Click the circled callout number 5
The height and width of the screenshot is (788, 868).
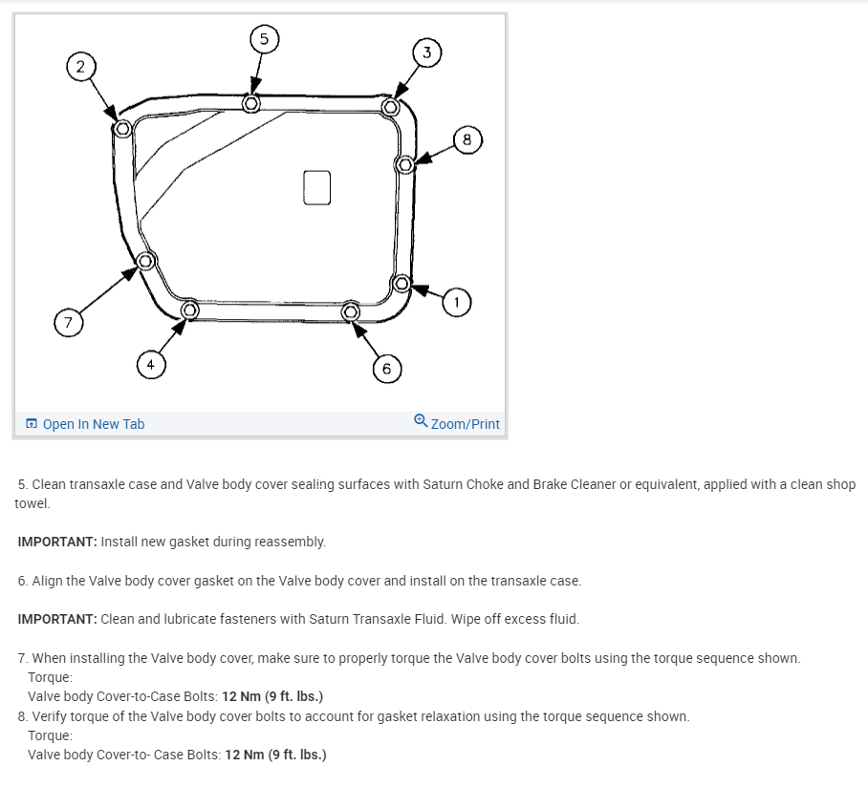tap(265, 39)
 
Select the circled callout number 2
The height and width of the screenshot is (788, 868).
tap(80, 66)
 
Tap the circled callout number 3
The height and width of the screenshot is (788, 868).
tap(427, 52)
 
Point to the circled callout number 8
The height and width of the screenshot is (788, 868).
tap(467, 140)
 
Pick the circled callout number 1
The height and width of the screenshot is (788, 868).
tap(456, 303)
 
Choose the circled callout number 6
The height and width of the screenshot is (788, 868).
tap(386, 369)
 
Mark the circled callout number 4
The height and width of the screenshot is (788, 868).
tap(149, 364)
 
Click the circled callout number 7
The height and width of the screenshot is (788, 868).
tap(67, 324)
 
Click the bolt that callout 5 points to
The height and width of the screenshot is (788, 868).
tap(251, 102)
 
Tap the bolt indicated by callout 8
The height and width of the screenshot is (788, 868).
tap(405, 164)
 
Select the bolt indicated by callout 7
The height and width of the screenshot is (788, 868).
tap(145, 261)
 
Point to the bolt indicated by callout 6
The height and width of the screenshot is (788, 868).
tap(350, 311)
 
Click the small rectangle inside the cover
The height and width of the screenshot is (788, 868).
tap(316, 186)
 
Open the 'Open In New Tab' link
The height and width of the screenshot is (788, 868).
tap(94, 424)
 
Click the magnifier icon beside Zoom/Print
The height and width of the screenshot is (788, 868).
tap(421, 421)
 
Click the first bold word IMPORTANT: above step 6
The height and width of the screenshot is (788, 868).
tap(57, 542)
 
